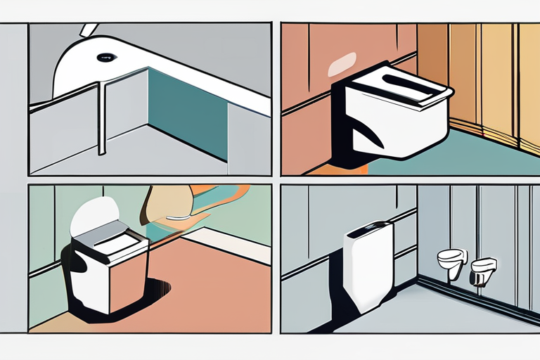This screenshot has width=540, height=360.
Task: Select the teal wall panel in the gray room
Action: tap(187, 112)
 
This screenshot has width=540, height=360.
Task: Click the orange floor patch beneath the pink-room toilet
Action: tap(345, 169)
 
